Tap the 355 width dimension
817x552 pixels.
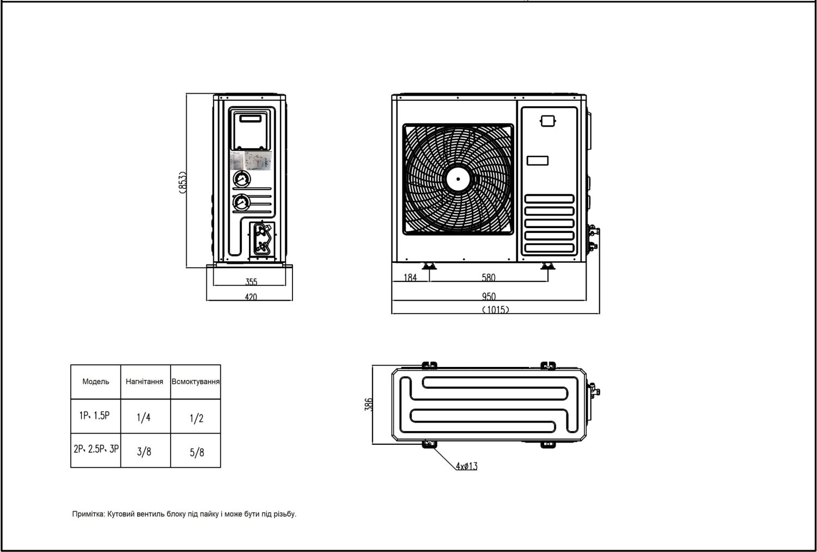pos(251,282)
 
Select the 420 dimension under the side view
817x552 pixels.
pos(251,297)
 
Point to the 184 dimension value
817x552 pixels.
pos(410,278)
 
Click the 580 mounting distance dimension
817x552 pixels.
pos(489,278)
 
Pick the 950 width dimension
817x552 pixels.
pos(489,297)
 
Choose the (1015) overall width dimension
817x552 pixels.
pos(495,310)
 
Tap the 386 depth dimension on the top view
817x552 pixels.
pos(369,404)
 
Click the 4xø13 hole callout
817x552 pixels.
pos(467,466)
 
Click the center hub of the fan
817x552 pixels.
pos(458,178)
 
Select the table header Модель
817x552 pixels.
pos(95,382)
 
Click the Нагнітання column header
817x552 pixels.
pos(144,382)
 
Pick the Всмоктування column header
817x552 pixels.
pos(196,382)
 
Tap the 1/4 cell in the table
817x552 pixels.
pos(144,418)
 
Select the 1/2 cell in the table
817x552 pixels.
pos(197,418)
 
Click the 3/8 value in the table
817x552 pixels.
pos(144,451)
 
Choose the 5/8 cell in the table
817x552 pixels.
pos(197,451)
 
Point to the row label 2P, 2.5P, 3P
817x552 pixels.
pos(96,449)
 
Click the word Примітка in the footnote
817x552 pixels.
pos(88,514)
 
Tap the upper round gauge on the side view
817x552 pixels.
pos(241,179)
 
